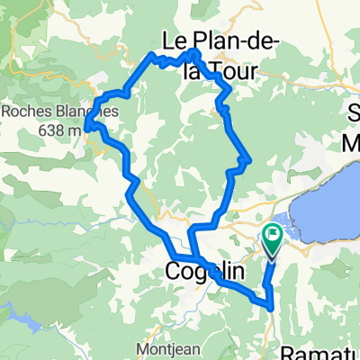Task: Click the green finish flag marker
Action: click(272, 237)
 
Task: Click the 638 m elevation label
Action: click(58, 130)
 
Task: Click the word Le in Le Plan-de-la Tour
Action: click(176, 40)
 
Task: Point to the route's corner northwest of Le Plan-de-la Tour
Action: click(149, 55)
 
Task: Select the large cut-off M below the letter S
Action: click(350, 142)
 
